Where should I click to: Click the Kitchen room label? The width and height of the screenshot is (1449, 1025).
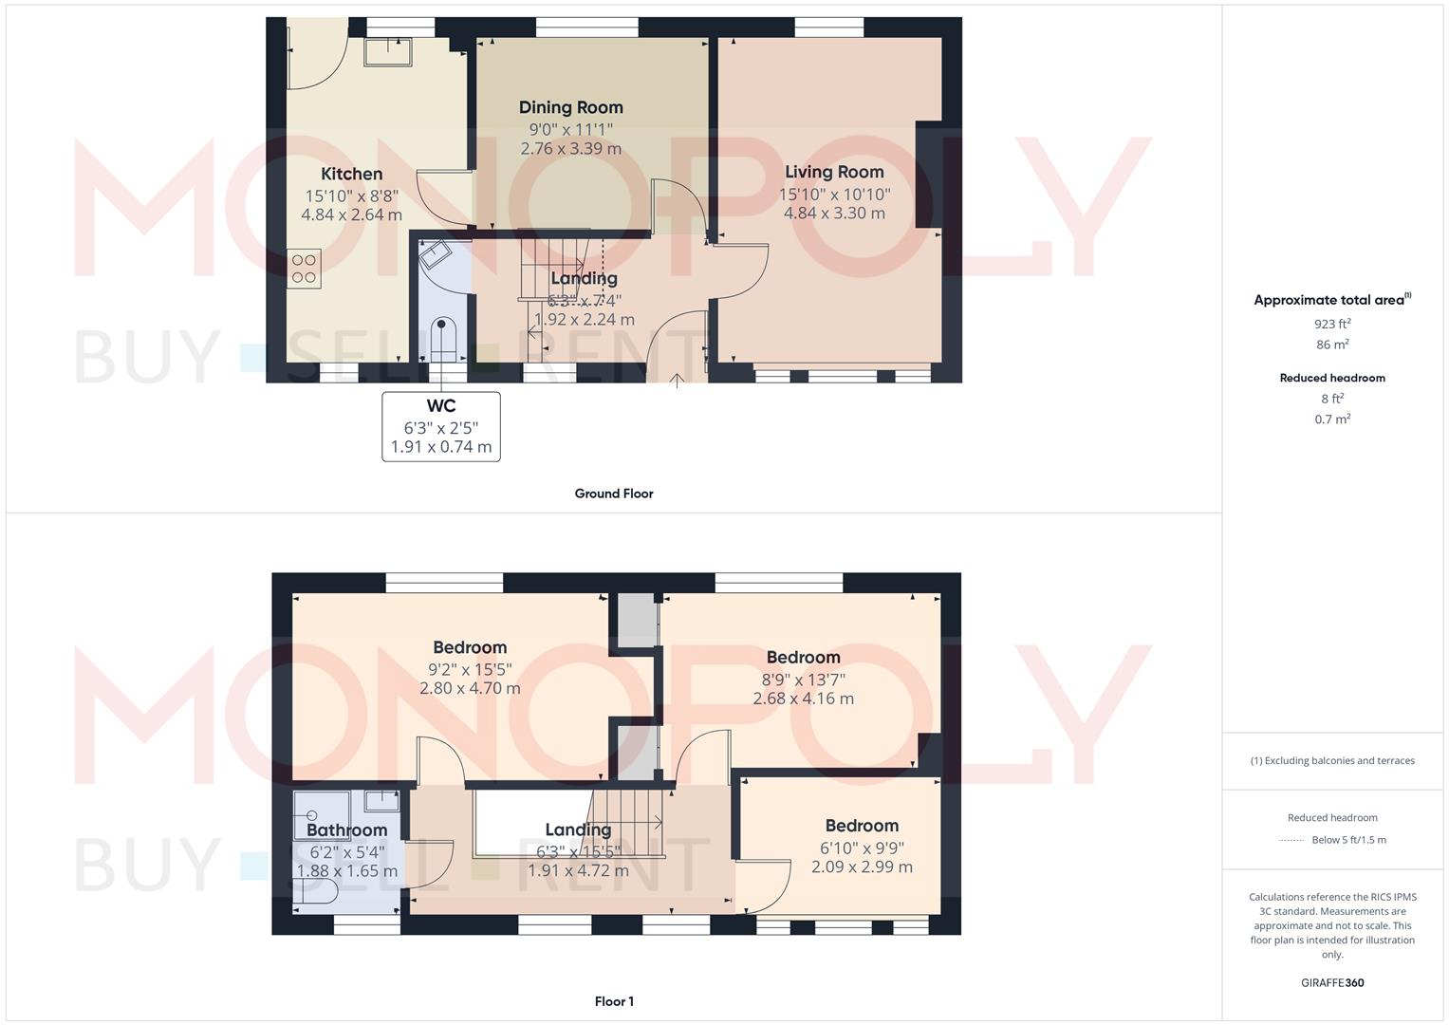352,174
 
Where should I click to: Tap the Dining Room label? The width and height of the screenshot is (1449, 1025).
570,107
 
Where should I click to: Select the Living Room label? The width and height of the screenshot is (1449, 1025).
834,172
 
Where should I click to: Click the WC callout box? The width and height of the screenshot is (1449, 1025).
441,426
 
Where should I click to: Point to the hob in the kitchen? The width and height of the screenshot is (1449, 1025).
304,269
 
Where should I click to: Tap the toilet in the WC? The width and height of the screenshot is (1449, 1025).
442,338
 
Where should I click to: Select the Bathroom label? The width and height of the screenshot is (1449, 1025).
347,830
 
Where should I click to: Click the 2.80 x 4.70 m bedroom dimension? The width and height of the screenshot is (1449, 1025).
470,688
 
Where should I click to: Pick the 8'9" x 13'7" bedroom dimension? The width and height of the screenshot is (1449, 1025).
804,679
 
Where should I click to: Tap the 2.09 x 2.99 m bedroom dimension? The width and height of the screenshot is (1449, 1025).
862,867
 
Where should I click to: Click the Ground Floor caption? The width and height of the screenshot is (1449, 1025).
614,494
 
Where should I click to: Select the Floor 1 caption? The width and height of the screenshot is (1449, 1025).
614,1001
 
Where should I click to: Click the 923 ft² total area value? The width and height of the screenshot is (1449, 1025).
1333,324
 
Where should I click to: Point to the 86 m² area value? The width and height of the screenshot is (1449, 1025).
1333,345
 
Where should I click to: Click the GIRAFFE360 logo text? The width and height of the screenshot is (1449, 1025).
1332,982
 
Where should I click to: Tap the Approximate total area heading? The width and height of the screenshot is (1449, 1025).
1330,300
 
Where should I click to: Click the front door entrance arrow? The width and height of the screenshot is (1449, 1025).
677,382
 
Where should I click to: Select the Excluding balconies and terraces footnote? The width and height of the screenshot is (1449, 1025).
1332,760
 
